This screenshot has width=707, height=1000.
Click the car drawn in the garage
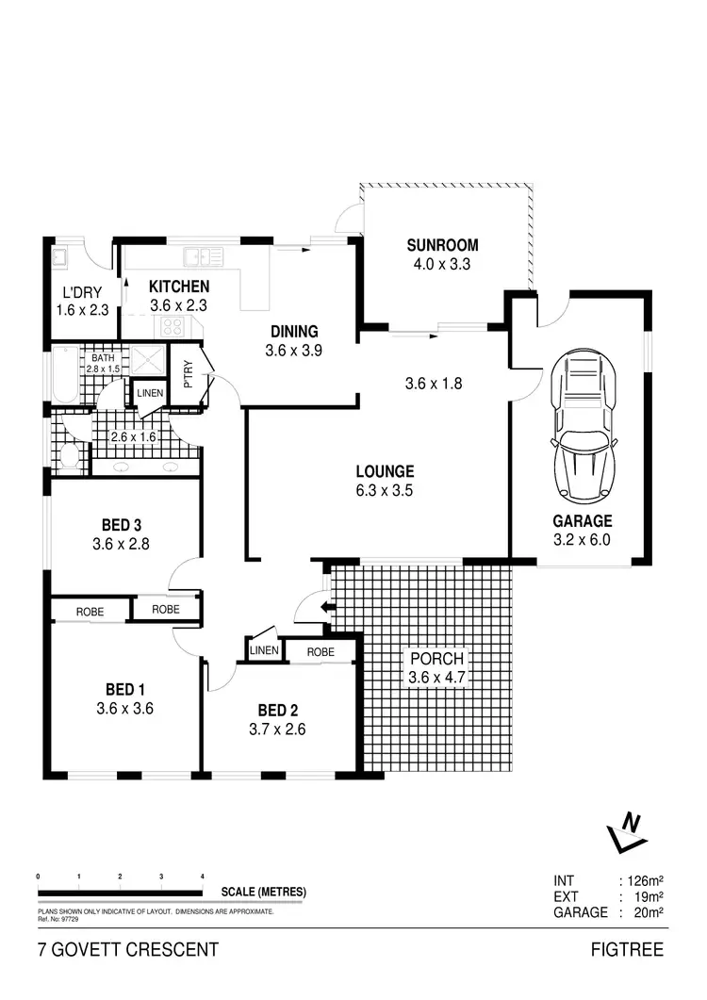pyautogui.click(x=581, y=426)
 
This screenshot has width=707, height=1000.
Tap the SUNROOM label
pyautogui.click(x=441, y=246)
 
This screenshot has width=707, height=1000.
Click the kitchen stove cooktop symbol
pyautogui.click(x=174, y=326)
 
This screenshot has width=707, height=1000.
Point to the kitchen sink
pyautogui.click(x=203, y=255)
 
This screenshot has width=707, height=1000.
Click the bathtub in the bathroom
pyautogui.click(x=64, y=374)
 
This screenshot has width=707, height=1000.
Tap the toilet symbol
pyautogui.click(x=68, y=456)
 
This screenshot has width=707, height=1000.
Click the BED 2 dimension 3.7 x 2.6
pyautogui.click(x=277, y=729)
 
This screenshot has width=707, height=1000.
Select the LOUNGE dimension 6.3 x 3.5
pyautogui.click(x=384, y=490)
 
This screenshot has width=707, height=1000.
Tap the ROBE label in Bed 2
pyautogui.click(x=321, y=651)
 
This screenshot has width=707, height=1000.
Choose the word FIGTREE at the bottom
pyautogui.click(x=627, y=949)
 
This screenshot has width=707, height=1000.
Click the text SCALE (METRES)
pyautogui.click(x=263, y=892)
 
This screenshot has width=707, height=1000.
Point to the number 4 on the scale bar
pyautogui.click(x=204, y=877)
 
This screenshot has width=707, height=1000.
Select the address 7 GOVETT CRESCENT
pyautogui.click(x=127, y=949)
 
